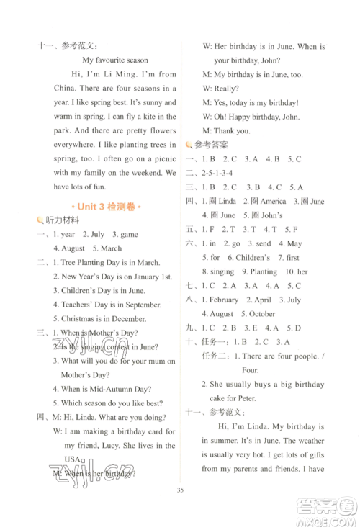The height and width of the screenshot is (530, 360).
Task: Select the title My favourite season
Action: click(x=114, y=60)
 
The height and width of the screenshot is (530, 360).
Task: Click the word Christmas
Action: click(x=80, y=317)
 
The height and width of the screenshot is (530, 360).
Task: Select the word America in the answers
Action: click(x=273, y=201)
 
